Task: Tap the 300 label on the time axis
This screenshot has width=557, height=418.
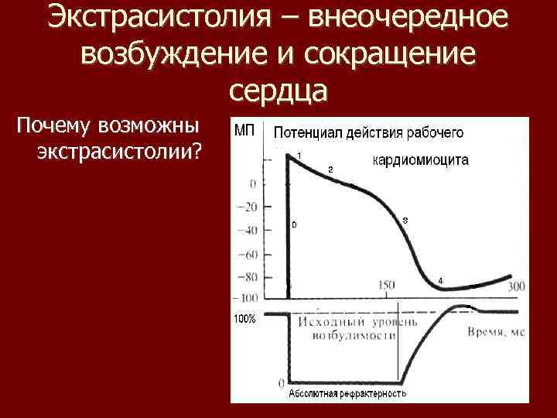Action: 516,287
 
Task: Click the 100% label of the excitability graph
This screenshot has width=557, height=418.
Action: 245,319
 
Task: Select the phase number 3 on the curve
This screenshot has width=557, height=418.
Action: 405,221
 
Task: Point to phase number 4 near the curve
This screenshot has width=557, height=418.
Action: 440,279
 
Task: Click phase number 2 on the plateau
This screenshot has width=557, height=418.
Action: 330,169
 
